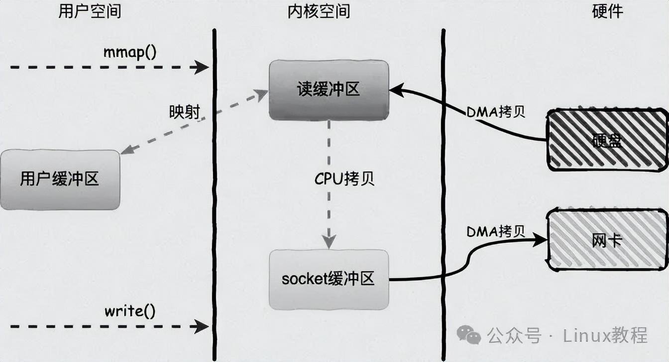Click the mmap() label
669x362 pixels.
(x=130, y=52)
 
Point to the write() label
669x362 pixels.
(x=130, y=312)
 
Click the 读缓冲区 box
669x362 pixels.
(x=329, y=90)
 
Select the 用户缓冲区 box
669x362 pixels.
(x=60, y=180)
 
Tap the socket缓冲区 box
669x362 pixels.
(x=329, y=279)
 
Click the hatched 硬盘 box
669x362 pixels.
(x=607, y=141)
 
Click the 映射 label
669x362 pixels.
(x=184, y=112)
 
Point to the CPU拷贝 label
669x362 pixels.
(x=344, y=180)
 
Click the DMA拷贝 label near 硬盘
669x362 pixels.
(x=496, y=112)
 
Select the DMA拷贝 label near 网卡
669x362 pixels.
(x=496, y=231)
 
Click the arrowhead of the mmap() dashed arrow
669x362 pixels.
(x=202, y=67)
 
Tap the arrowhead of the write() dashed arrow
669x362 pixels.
(x=202, y=327)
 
